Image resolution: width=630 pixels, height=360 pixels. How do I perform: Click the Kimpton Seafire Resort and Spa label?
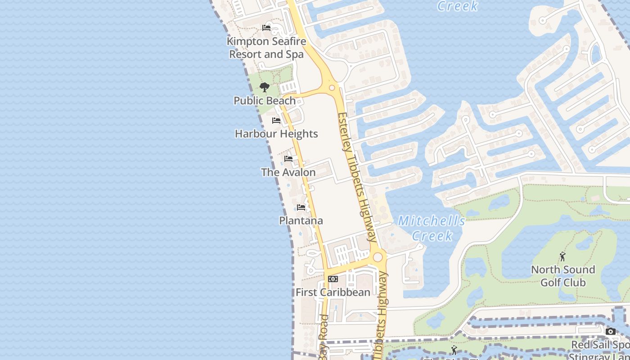266,48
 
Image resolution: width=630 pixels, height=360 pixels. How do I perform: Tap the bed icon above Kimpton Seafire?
266,28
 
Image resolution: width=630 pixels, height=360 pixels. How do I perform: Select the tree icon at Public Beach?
265,87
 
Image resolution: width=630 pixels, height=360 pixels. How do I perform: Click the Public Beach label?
265,101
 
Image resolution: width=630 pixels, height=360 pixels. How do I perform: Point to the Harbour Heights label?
276,134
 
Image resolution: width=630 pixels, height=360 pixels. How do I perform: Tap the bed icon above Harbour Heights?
276,121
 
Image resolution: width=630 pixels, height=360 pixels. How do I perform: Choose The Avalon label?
288,172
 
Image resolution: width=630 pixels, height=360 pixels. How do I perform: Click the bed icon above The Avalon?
288,159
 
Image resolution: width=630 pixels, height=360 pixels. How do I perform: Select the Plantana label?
301,220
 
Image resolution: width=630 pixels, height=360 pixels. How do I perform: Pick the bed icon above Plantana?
301,207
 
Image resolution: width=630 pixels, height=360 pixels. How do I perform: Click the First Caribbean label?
333,292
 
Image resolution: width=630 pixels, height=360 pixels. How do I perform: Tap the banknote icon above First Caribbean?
333,279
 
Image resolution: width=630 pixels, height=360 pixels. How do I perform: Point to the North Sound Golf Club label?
563,276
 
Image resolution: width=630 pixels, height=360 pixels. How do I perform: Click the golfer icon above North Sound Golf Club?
562,256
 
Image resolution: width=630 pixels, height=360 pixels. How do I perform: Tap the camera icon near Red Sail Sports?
611,332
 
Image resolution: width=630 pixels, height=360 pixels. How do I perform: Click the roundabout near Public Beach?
332,88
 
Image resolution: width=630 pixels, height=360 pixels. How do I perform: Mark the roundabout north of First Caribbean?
378,257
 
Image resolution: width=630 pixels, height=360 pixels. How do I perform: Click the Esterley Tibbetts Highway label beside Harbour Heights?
358,178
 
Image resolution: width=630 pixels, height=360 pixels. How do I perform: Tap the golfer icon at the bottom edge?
454,351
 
